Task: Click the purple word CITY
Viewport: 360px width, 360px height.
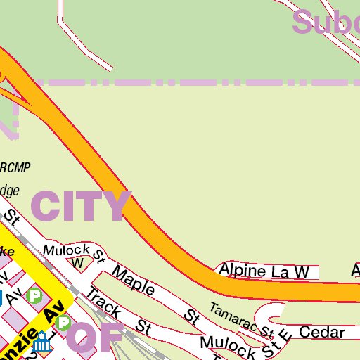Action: (81, 206)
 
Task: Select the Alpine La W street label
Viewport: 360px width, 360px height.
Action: (264, 271)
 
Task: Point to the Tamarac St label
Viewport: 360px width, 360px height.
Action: (240, 319)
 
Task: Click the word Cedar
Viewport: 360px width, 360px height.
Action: (321, 332)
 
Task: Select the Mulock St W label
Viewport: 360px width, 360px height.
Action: (70, 252)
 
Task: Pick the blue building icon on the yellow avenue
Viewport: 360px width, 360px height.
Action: (42, 345)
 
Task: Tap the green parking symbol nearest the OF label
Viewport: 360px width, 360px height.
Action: (64, 323)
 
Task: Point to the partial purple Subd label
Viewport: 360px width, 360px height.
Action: (326, 22)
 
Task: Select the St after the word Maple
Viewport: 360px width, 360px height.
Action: (191, 315)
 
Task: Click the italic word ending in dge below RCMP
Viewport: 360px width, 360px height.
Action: (8, 191)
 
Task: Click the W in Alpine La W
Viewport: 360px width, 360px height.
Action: (301, 271)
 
